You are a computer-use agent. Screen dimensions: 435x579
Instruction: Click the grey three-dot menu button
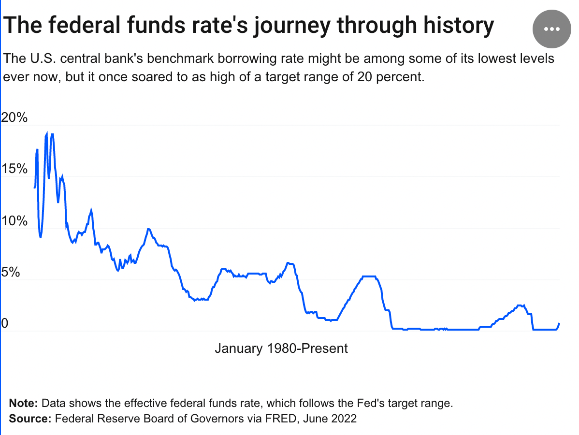[552, 29]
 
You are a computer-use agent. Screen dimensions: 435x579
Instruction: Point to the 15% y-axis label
[14, 169]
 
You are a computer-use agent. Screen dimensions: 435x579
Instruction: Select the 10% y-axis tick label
[14, 221]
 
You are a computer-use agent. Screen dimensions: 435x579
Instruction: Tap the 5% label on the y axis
[11, 273]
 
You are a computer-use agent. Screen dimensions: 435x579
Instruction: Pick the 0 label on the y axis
[5, 323]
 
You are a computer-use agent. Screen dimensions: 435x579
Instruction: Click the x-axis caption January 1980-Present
[281, 348]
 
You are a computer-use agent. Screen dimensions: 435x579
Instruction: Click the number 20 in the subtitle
[365, 77]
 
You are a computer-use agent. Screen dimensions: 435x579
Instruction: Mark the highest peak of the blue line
[47, 132]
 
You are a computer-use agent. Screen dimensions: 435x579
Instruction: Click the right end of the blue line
[559, 323]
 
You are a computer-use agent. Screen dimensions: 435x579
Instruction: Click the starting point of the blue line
[34, 188]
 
